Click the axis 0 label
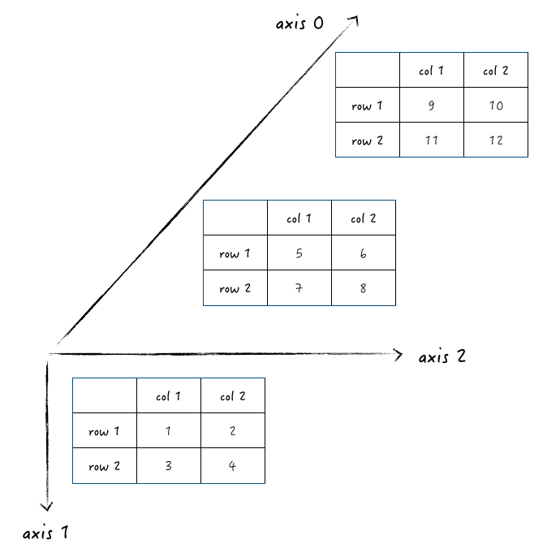299,24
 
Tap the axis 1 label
45,533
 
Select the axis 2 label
442,356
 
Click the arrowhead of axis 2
398,353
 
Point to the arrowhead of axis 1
46,507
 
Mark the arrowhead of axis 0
355,20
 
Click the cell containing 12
496,140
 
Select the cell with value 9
431,105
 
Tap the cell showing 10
496,105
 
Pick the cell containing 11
431,140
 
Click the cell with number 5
299,253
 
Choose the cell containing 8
363,288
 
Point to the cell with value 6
363,253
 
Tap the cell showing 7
299,288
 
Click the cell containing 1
168,431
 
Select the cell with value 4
232,466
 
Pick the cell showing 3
168,466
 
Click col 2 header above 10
496,71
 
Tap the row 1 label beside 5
235,253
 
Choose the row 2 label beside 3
104,466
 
